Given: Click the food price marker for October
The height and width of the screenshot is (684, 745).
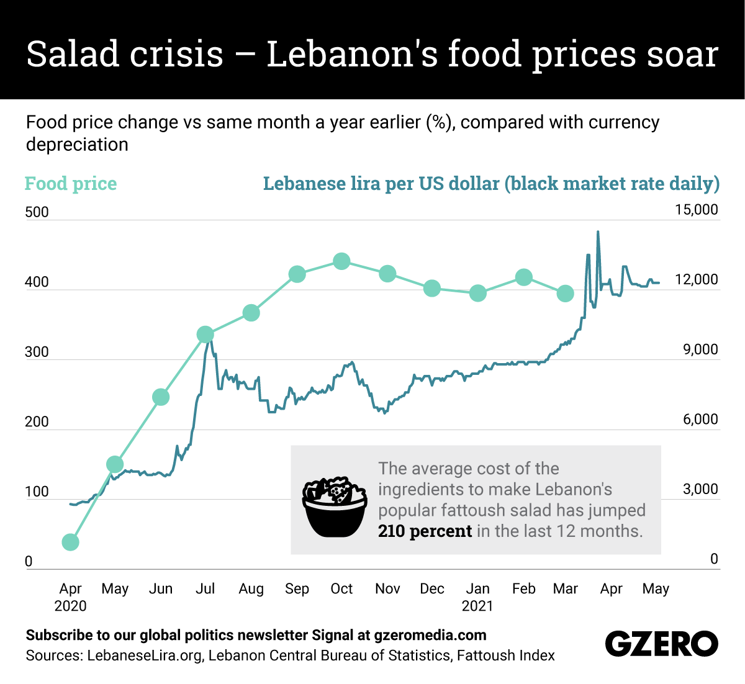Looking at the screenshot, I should coord(341,261).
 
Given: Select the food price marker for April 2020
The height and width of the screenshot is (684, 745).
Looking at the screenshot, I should coord(71,542).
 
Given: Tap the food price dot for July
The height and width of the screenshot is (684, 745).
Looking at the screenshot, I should coord(205,335).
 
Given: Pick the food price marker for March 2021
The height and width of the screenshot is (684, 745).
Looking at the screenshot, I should coord(565,294).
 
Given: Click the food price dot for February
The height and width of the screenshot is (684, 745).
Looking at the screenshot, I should coord(524,277).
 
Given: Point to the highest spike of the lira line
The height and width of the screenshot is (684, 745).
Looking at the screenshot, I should coord(598,233).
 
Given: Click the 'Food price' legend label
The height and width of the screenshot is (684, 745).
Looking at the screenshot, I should coord(71,184).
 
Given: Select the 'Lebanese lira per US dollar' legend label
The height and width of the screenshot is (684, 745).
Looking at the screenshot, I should coord(491,184).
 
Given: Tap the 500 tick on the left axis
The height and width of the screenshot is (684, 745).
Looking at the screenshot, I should coord(37,212).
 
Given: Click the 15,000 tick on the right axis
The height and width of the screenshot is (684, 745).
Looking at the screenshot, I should coord(696,210).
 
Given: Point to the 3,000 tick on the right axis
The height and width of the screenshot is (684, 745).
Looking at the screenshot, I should coord(700,489).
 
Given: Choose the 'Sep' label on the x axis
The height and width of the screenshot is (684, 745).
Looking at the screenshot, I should coord(297,588).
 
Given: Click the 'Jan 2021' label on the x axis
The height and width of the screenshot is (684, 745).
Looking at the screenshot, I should coord(477,596).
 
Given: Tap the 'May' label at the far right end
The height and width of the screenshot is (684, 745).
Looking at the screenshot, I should coord(656,588).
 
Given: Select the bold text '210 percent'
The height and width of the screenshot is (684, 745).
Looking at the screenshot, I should coord(425,531).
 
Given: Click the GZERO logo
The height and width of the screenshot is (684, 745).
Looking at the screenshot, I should coord(661,644).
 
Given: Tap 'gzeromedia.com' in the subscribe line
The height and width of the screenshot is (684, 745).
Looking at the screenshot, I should coord(430,635).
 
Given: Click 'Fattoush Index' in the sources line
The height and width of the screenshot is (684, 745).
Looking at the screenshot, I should coord(505,655).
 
